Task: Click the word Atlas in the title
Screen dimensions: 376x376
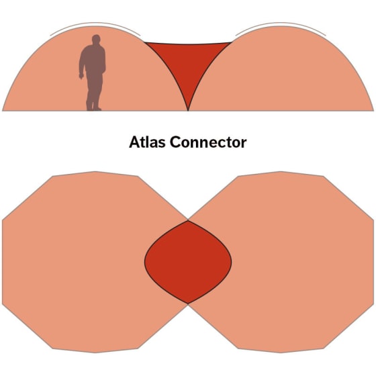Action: pyautogui.click(x=147, y=142)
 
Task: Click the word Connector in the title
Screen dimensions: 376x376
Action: pyautogui.click(x=208, y=142)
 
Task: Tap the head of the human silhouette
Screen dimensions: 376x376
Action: pyautogui.click(x=96, y=40)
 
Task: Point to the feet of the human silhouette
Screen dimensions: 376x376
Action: pyautogui.click(x=93, y=107)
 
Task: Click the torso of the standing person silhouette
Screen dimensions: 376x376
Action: pyautogui.click(x=93, y=60)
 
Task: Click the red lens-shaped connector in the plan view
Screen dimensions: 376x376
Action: pyautogui.click(x=188, y=262)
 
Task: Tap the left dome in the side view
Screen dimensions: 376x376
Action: pyautogui.click(x=95, y=72)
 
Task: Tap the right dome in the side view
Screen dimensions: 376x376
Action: pyautogui.click(x=281, y=72)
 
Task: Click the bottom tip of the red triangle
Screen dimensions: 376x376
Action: pyautogui.click(x=188, y=111)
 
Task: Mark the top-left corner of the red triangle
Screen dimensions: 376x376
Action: pyautogui.click(x=145, y=43)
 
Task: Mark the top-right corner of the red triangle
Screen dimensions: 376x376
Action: pyautogui.click(x=231, y=43)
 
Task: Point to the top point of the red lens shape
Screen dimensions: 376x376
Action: pyautogui.click(x=188, y=221)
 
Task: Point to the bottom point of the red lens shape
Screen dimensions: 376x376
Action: pyautogui.click(x=188, y=303)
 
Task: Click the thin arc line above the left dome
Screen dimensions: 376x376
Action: pyautogui.click(x=95, y=23)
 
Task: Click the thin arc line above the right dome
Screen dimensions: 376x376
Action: pyautogui.click(x=281, y=23)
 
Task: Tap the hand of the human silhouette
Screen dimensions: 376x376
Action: pyautogui.click(x=81, y=76)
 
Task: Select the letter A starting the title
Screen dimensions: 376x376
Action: pyautogui.click(x=134, y=142)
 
